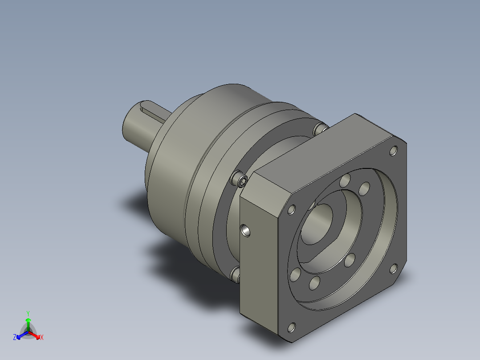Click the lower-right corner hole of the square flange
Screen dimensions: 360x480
coord(393,268)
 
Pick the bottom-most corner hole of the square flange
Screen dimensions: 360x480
coord(292,328)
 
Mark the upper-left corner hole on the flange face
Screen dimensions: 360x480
coord(292,209)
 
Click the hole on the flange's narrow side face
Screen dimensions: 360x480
coord(245,230)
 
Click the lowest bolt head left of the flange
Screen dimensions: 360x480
coord(236,274)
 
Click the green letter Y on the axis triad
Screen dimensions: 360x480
coord(28,313)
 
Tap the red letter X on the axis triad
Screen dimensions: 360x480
coord(42,337)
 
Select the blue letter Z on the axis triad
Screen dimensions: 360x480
coord(15,337)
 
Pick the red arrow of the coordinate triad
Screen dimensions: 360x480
coord(36,334)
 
